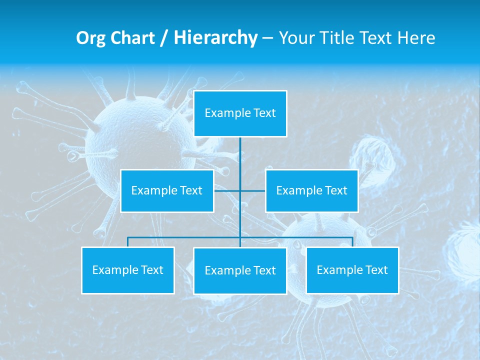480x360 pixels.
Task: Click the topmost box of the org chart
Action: [240, 113]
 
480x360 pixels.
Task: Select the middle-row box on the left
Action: [167, 191]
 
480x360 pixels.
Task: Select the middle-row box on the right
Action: [311, 191]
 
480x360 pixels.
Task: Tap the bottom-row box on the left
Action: [128, 270]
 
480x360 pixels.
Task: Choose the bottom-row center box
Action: [240, 271]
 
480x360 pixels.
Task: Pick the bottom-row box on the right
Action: [352, 270]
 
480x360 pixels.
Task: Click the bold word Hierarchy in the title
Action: [215, 38]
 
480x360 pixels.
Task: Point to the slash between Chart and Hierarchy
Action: [164, 38]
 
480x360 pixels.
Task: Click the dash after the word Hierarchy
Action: [267, 38]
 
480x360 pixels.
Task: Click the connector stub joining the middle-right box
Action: [253, 191]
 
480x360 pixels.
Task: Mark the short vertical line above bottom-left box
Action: [128, 242]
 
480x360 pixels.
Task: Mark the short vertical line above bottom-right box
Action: [352, 242]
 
